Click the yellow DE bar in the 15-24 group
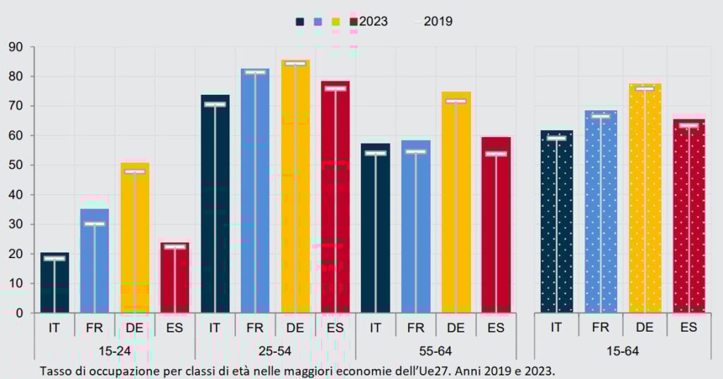click(x=135, y=240)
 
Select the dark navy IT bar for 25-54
click(x=215, y=205)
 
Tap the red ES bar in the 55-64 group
click(x=496, y=226)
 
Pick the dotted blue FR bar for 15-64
click(x=601, y=212)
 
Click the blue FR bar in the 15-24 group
click(x=95, y=262)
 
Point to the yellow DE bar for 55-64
click(x=455, y=205)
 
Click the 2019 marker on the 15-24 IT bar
click(x=54, y=259)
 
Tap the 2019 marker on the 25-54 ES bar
click(x=335, y=88)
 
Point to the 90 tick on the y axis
click(x=16, y=47)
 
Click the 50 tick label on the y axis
click(x=16, y=165)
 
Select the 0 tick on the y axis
click(x=20, y=313)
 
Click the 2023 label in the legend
click(x=373, y=21)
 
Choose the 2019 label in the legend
click(x=438, y=21)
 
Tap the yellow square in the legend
click(x=335, y=22)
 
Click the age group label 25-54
click(x=275, y=351)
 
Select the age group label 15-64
click(x=622, y=351)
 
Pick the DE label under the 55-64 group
click(x=455, y=328)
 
